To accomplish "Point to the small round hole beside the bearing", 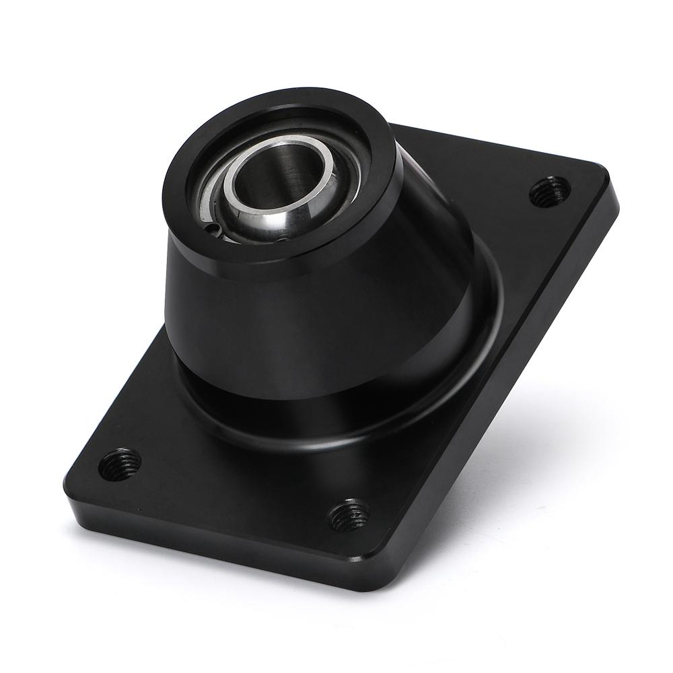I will (x=215, y=230).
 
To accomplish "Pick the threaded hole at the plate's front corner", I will (x=347, y=516).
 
